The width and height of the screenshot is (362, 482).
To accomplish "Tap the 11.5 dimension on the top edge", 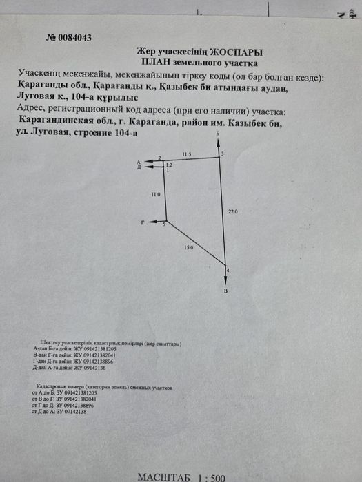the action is click(186, 155).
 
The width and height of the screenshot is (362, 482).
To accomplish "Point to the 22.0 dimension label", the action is click(232, 212).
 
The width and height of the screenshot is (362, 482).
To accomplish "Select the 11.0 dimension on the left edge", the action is click(155, 195).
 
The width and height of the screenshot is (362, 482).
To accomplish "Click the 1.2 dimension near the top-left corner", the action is click(169, 165).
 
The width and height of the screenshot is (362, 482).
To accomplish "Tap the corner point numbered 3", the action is click(222, 153).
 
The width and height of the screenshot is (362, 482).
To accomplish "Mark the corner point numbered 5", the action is click(164, 224).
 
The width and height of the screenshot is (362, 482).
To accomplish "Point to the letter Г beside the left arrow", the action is click(142, 222).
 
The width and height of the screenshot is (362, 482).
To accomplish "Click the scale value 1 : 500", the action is click(209, 476).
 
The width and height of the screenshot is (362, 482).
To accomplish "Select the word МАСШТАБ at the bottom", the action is click(161, 476).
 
